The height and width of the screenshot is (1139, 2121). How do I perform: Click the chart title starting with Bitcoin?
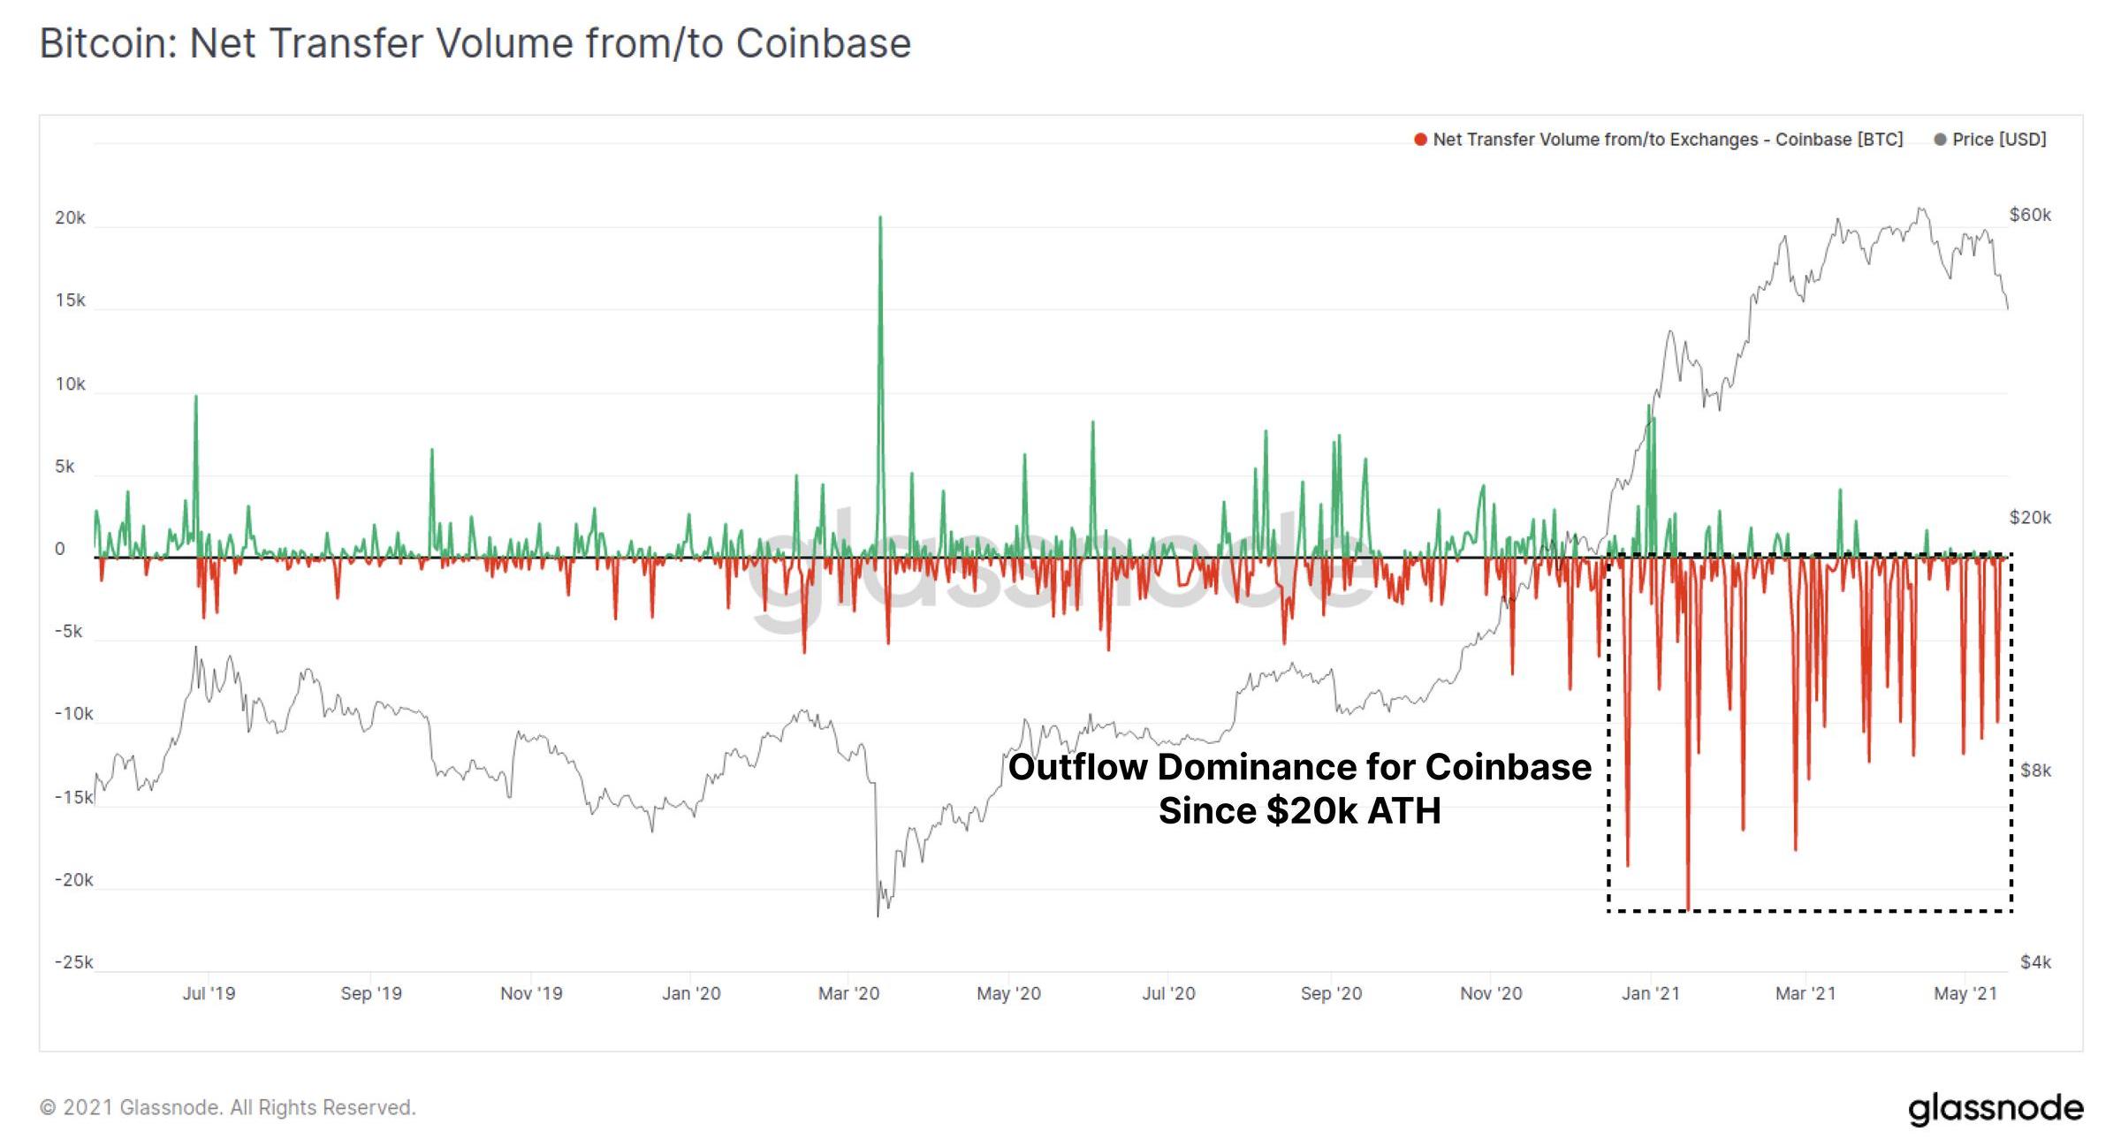(x=475, y=43)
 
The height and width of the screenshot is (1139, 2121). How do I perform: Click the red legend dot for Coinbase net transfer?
(x=1420, y=140)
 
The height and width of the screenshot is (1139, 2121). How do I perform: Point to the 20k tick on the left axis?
(x=70, y=217)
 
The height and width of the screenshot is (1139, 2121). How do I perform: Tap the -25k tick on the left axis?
(x=73, y=962)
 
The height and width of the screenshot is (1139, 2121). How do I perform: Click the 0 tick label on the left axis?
(x=60, y=549)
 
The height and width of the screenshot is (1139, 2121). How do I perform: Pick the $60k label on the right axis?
(x=2030, y=215)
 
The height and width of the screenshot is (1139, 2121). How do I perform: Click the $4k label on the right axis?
(x=2035, y=962)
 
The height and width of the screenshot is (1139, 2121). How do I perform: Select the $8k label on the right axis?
(x=2035, y=771)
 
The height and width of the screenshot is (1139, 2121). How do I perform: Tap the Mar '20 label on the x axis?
(x=848, y=993)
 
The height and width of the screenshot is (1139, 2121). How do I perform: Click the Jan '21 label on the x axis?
(x=1650, y=993)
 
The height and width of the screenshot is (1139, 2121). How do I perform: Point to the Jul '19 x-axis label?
(x=209, y=993)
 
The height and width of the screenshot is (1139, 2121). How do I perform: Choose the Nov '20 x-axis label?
(x=1491, y=993)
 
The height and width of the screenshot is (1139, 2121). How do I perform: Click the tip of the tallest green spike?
(x=880, y=217)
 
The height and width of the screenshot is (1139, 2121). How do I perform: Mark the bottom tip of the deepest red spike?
(x=1688, y=907)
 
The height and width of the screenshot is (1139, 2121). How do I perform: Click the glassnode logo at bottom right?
(x=1995, y=1108)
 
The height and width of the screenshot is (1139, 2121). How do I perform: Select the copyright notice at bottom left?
(x=227, y=1108)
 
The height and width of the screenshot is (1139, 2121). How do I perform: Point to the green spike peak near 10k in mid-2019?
(x=196, y=397)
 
